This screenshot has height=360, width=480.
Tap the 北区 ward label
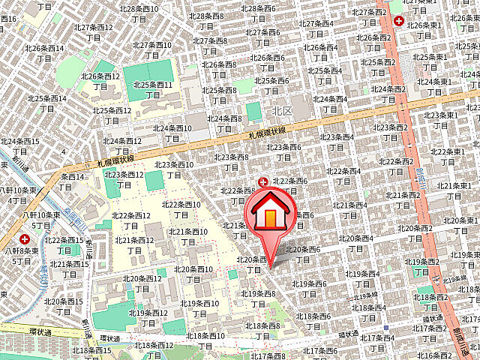click(282, 110)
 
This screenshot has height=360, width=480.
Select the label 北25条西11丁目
click(153, 90)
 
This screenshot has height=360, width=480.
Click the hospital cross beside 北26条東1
click(398, 22)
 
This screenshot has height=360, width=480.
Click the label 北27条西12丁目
click(93, 31)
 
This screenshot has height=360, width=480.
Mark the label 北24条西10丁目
click(172, 133)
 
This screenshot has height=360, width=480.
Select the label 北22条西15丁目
click(64, 245)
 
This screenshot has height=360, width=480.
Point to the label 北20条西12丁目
click(142, 283)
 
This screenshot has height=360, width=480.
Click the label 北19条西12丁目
click(148, 317)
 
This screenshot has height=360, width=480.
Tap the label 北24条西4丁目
click(330, 103)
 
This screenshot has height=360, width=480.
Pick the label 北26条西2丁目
click(373, 42)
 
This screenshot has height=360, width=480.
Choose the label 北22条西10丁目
click(181, 209)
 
